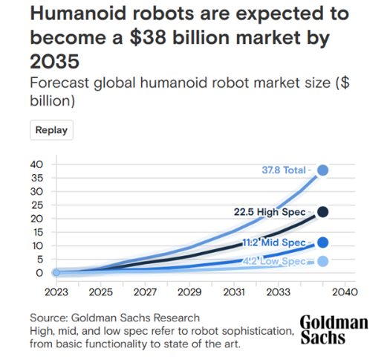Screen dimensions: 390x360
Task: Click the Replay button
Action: pos(51,130)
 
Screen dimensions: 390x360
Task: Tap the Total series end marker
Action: pos(322,170)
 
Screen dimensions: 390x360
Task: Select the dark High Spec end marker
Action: pos(322,212)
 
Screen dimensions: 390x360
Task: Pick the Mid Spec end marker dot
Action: pos(322,242)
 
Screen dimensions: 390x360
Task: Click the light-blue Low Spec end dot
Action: pos(322,261)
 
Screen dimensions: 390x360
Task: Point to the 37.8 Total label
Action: pos(284,170)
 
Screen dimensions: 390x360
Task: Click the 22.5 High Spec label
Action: pos(270,212)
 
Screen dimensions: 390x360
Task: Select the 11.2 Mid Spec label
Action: pos(274,242)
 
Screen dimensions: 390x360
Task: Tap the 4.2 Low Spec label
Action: pos(274,261)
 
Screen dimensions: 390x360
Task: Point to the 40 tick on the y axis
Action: pos(36,164)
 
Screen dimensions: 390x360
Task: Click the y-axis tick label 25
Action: pos(37,205)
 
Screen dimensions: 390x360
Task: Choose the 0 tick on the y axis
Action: pos(39,273)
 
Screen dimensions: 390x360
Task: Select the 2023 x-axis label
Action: pos(56,292)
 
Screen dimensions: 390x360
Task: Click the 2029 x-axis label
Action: pos(189,292)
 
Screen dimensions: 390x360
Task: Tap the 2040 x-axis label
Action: pos(345,292)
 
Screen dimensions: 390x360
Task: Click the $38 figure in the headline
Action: pos(148,38)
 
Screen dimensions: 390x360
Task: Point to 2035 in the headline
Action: pos(55,61)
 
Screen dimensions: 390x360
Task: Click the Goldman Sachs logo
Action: pos(334,330)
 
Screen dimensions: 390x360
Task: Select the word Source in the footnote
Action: pos(48,318)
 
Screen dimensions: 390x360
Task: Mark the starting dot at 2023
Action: pos(56,273)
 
